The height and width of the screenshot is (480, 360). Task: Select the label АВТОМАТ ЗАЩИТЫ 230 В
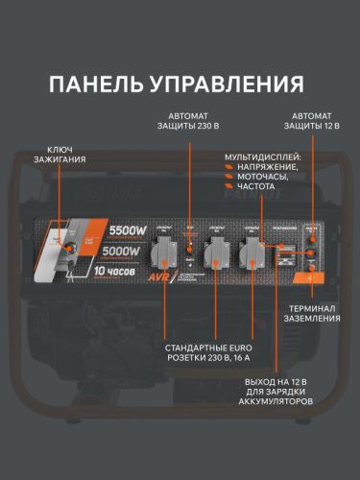click(x=192, y=124)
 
